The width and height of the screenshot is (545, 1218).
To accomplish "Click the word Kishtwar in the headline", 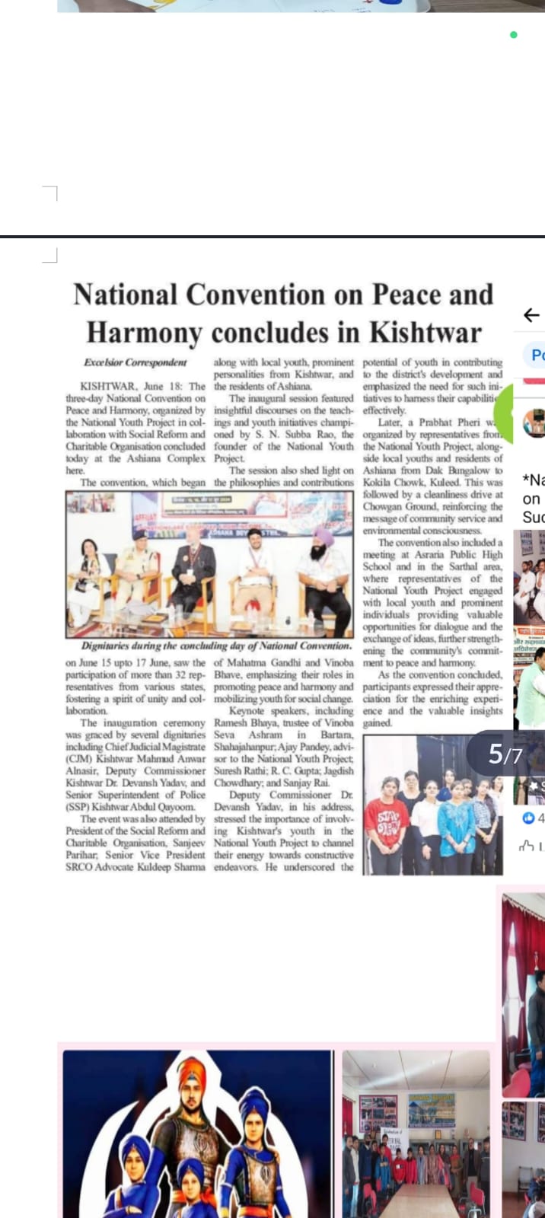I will click(425, 333).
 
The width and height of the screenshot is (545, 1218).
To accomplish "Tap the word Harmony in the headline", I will click(144, 333).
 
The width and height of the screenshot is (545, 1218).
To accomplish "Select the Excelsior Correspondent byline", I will click(135, 362).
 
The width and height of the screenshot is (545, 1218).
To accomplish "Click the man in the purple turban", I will click(325, 567).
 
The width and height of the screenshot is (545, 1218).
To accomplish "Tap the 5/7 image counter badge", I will click(505, 754).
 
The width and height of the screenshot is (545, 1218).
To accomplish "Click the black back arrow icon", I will click(531, 314).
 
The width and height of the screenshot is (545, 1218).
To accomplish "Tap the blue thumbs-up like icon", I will click(527, 818).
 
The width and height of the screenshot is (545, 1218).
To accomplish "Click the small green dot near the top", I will click(514, 35).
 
